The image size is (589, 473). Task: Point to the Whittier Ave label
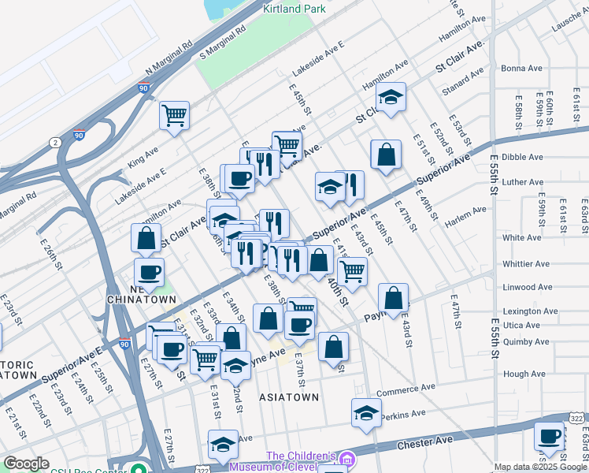pyautogui.click(x=526, y=264)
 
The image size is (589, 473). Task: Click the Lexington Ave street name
pyautogui.click(x=532, y=311)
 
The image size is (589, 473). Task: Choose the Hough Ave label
pyautogui.click(x=524, y=374)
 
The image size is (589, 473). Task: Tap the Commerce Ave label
pyautogui.click(x=406, y=390)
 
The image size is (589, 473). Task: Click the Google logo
pyautogui.click(x=26, y=464)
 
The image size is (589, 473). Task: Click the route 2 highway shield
pyautogui.click(x=54, y=142)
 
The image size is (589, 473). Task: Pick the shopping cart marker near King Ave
pyautogui.click(x=174, y=115)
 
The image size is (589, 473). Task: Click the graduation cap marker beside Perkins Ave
pyautogui.click(x=366, y=413)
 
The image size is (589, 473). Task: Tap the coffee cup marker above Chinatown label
pyautogui.click(x=148, y=273)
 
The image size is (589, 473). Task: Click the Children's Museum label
pyautogui.click(x=301, y=460)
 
